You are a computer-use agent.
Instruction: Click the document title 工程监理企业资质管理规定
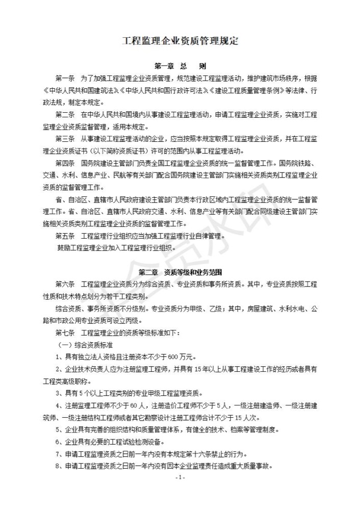coord(180,41)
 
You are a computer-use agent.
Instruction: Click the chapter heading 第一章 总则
coord(180,66)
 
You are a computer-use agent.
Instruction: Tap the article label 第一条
coord(65,79)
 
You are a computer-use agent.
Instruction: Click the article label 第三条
coord(65,139)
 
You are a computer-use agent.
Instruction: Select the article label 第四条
coord(65,164)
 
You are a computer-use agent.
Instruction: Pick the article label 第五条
coord(65,236)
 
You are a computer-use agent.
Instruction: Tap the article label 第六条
coord(65,284)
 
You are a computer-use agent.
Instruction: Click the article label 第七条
coord(65,333)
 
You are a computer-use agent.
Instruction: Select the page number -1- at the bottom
coord(180,478)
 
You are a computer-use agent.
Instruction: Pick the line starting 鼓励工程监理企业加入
coord(117,248)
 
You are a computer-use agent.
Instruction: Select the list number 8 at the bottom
coord(58,467)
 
